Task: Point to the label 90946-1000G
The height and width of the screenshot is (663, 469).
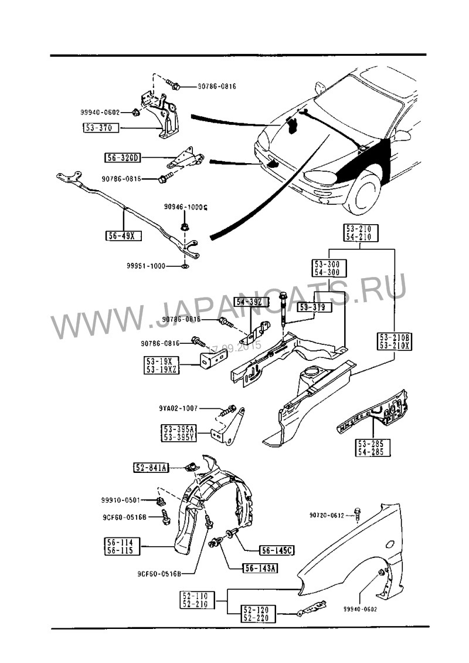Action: pos(186,208)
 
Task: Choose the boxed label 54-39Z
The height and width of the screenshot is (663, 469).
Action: pos(252,302)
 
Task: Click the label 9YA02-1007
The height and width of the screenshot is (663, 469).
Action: pos(178,408)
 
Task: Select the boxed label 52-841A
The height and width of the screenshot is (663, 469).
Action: pos(151,467)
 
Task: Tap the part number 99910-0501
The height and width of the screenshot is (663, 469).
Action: pos(120,500)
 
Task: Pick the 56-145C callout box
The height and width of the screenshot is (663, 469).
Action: pos(277,550)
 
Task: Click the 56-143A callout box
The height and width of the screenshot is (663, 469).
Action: pos(260,568)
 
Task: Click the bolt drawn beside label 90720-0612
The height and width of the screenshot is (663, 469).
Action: pos(358,514)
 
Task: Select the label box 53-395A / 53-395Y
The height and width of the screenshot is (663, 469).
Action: pos(179,433)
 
